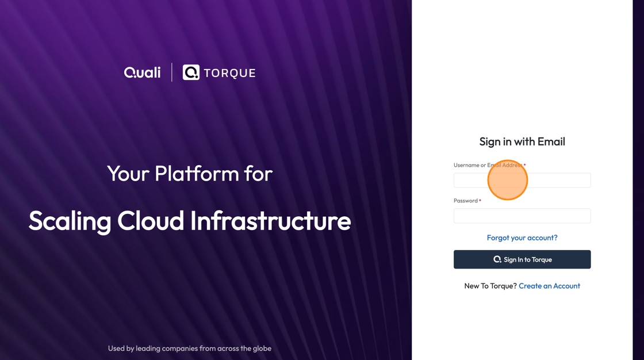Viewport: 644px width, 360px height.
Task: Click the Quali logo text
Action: point(142,72)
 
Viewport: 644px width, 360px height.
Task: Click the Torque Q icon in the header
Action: point(191,72)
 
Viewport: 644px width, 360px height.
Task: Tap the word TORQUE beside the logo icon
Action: point(229,73)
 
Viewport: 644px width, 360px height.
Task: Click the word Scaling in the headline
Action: point(70,221)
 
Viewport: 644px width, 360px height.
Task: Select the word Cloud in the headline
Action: point(150,221)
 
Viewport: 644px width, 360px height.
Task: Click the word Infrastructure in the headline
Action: point(270,221)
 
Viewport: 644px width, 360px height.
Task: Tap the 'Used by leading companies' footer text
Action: point(190,348)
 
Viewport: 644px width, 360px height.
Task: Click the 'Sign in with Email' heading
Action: point(522,142)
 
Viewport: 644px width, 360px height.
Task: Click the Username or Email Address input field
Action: point(522,181)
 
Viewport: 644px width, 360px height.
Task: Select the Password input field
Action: point(522,216)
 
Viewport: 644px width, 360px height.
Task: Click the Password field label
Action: point(466,201)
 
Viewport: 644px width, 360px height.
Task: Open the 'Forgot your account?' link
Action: point(522,238)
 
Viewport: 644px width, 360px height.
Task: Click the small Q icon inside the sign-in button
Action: point(497,259)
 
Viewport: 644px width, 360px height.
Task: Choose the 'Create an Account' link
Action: point(550,286)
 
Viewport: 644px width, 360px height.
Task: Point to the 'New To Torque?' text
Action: point(490,286)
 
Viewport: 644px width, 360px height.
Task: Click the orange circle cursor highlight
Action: point(508,180)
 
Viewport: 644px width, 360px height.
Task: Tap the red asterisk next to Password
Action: point(480,201)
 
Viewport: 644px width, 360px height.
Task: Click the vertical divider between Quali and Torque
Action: point(172,72)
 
